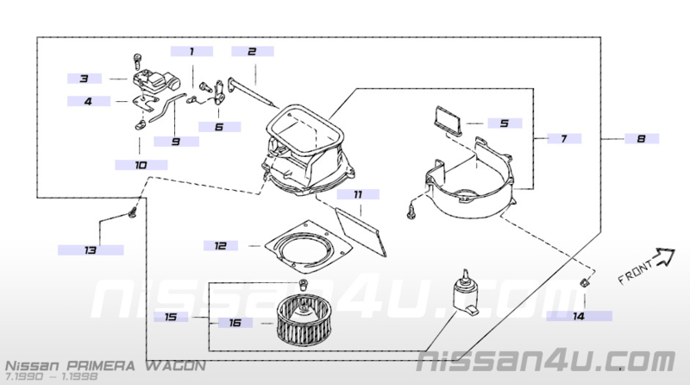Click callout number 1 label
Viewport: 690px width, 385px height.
click(x=191, y=52)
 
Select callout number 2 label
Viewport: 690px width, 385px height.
click(x=252, y=52)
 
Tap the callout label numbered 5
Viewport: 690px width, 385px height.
click(x=505, y=123)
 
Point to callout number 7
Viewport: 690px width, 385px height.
click(x=564, y=139)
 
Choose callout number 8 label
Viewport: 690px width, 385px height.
click(x=642, y=139)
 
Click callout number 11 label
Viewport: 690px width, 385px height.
click(x=358, y=194)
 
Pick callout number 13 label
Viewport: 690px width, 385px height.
click(x=91, y=250)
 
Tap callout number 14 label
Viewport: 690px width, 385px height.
click(x=579, y=316)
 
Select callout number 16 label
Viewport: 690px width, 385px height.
click(x=235, y=323)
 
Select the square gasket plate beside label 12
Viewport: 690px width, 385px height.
click(x=309, y=248)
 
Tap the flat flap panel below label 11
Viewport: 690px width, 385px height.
click(x=361, y=231)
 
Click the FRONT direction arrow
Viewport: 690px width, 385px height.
click(x=662, y=257)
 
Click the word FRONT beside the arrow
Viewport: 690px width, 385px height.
click(x=636, y=273)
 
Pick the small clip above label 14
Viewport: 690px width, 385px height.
click(x=584, y=282)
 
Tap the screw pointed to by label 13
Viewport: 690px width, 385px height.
click(x=132, y=213)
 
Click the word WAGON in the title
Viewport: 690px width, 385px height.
click(x=176, y=366)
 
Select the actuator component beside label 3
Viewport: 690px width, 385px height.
click(x=156, y=82)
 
